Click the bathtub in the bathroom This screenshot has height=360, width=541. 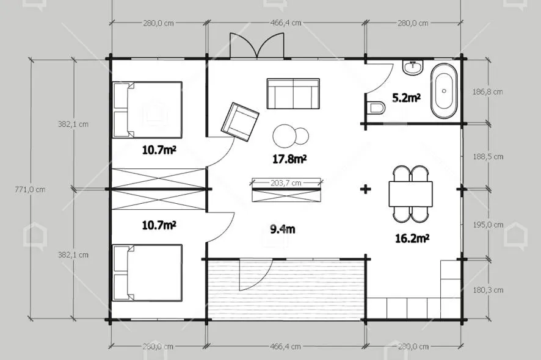point(444,91)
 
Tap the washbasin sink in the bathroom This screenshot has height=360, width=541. point(413,67)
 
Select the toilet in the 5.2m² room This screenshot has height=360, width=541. point(375,107)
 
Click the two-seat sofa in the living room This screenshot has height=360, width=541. point(293,94)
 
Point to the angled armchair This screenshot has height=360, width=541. point(240,121)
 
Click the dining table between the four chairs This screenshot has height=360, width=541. point(410,194)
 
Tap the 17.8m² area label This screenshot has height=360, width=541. point(290,159)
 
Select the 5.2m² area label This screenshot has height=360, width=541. point(406,98)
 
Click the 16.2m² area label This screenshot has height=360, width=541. point(412,239)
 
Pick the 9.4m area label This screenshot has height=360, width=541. point(282,229)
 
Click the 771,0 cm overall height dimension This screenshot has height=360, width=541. point(30,189)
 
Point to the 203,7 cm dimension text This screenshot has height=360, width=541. point(286,183)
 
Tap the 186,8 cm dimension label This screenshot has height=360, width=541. point(487,92)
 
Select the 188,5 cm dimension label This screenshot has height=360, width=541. point(488,157)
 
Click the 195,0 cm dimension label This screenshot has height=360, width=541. point(488,225)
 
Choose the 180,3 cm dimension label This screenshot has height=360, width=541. point(488,290)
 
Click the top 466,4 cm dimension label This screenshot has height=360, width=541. point(286,23)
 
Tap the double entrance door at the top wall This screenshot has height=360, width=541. point(257,46)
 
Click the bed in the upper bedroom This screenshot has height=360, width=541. point(147,110)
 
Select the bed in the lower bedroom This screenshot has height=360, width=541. point(147,273)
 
